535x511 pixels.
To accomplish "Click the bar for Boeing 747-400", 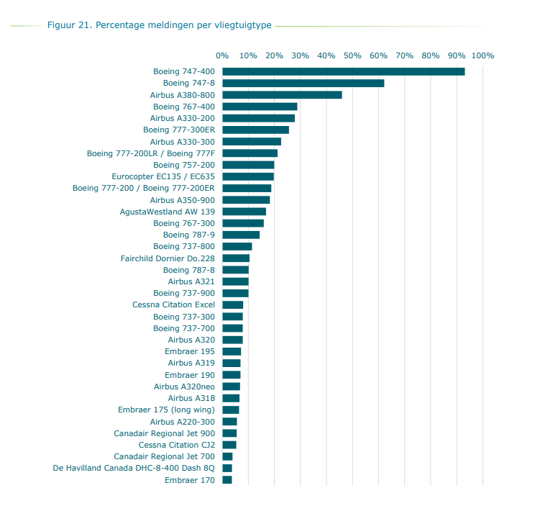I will click(343, 71).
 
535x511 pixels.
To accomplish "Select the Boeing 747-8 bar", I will click(303, 83).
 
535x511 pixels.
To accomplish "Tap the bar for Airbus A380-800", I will click(282, 95).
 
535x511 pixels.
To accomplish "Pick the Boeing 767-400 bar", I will click(260, 107).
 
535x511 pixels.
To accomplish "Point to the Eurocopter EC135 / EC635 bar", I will click(248, 176).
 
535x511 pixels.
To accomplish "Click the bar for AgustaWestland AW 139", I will click(244, 212).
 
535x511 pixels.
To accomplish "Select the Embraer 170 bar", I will click(227, 480).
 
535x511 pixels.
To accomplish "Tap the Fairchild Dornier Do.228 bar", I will click(236, 258).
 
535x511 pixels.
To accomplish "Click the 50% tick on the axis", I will click(352, 55).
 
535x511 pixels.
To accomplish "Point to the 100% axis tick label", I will click(483, 55).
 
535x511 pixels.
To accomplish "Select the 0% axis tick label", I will click(222, 55).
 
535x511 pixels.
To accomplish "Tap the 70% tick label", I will click(404, 55).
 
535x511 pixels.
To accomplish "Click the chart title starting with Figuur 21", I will click(159, 25).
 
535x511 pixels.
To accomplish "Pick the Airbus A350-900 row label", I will click(182, 200).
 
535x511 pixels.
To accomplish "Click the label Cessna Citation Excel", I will click(173, 305).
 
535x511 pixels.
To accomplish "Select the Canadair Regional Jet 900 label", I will click(164, 433).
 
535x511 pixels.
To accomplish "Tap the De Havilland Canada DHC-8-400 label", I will click(134, 469).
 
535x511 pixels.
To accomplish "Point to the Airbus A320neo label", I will click(184, 386).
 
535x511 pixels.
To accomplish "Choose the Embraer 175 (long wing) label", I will click(166, 410).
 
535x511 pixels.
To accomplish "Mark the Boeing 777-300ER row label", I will click(178, 130).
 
